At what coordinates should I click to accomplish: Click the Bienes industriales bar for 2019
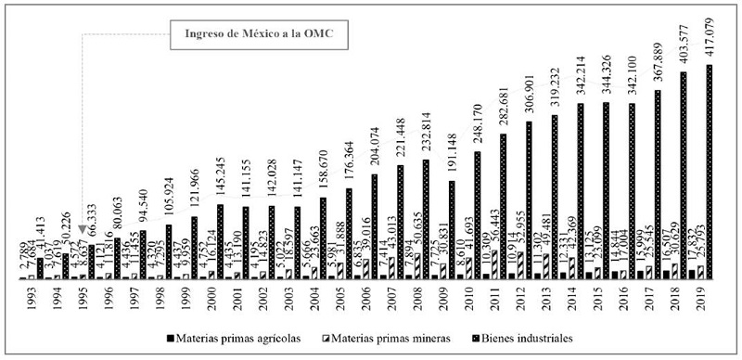pyautogui.click(x=710, y=172)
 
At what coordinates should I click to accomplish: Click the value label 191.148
pyautogui.click(x=451, y=148)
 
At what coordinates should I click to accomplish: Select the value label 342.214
pyautogui.click(x=581, y=73)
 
